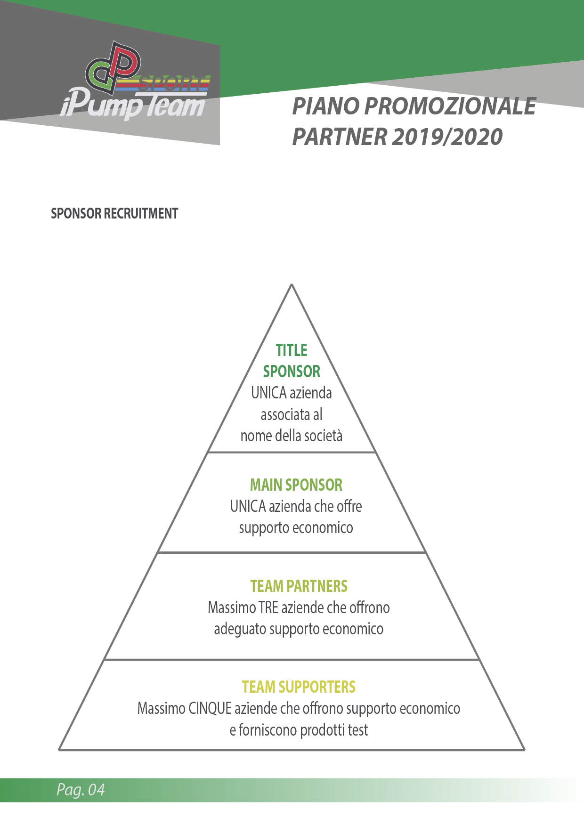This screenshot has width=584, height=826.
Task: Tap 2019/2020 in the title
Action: (x=447, y=137)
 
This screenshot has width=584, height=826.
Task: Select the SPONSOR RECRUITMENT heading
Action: (x=114, y=213)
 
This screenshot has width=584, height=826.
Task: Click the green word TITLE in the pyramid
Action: (x=292, y=350)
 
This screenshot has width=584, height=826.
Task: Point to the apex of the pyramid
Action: (x=292, y=284)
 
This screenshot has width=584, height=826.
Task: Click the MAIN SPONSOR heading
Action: (x=296, y=485)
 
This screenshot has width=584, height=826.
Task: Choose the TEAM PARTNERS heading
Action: (x=299, y=586)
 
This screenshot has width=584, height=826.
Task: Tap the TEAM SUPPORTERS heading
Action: (x=299, y=687)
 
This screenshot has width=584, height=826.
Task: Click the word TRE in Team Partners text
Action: (x=268, y=607)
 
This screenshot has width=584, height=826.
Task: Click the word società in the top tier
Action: (x=323, y=436)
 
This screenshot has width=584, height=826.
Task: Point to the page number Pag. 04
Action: (x=81, y=789)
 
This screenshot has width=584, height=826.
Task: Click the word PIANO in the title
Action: (x=326, y=106)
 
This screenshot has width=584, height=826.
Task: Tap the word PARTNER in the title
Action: (x=340, y=137)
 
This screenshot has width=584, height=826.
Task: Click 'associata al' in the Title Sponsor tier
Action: (x=292, y=414)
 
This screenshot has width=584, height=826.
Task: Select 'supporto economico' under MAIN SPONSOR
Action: (x=296, y=528)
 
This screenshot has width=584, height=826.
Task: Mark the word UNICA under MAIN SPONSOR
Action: (x=248, y=506)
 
